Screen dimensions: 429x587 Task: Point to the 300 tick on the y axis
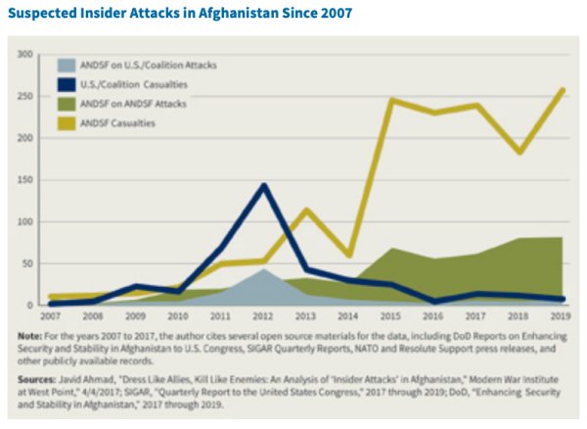(24, 54)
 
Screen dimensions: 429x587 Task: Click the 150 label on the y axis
(24, 180)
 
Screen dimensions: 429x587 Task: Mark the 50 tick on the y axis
(26, 264)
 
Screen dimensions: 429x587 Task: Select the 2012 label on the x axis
(262, 317)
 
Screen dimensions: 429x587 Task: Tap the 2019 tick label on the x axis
(561, 317)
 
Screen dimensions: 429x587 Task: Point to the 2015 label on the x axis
(390, 317)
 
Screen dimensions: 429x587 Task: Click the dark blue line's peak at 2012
(262, 185)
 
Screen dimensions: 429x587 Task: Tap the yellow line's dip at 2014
(348, 255)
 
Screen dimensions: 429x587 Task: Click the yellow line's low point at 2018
(519, 152)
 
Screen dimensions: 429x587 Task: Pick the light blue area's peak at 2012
(262, 269)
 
